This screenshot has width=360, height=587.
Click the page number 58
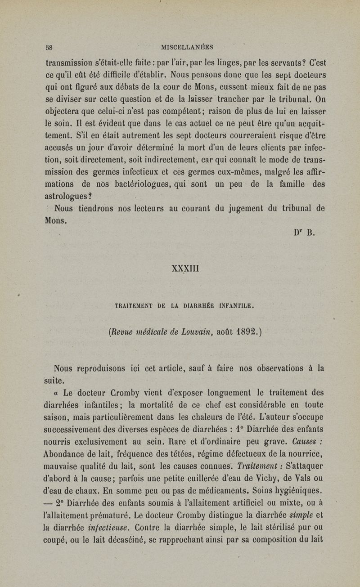[x=49, y=47]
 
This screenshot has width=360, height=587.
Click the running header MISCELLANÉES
[x=189, y=47]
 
